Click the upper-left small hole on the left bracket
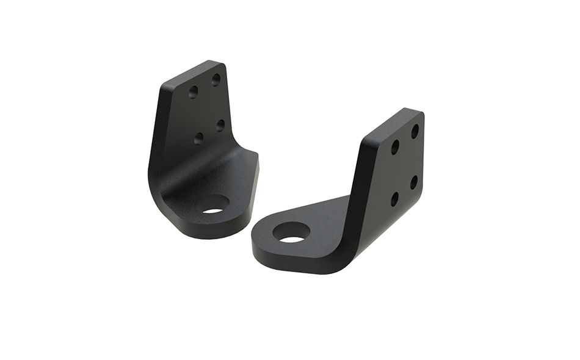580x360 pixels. tap(193, 92)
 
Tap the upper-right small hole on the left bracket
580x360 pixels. tap(216, 79)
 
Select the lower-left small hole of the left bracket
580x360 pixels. tap(199, 138)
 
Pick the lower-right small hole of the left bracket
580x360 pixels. tap(220, 125)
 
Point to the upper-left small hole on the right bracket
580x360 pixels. tap(395, 146)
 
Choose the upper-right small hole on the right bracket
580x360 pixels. tap(415, 131)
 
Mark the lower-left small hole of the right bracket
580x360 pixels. tap(394, 199)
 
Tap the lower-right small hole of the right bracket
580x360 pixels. tap(414, 182)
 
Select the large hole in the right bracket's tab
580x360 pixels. tap(291, 232)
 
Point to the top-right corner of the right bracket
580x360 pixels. tap(421, 113)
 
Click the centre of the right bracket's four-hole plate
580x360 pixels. tap(404, 165)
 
